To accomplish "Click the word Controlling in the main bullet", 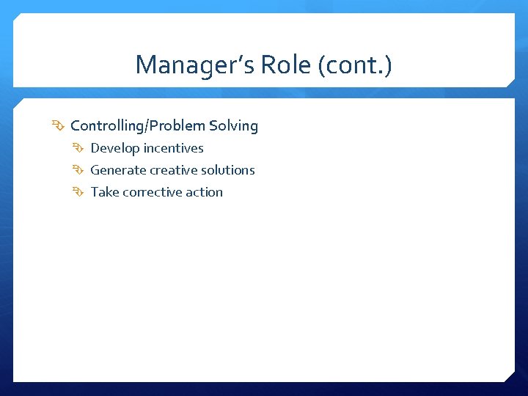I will pos(107,125).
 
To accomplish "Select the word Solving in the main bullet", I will pos(233,125).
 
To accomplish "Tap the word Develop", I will pos(115,148).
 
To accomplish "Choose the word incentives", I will pos(174,148).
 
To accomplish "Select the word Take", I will pos(104,192).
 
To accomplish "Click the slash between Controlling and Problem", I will pos(147,125).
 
